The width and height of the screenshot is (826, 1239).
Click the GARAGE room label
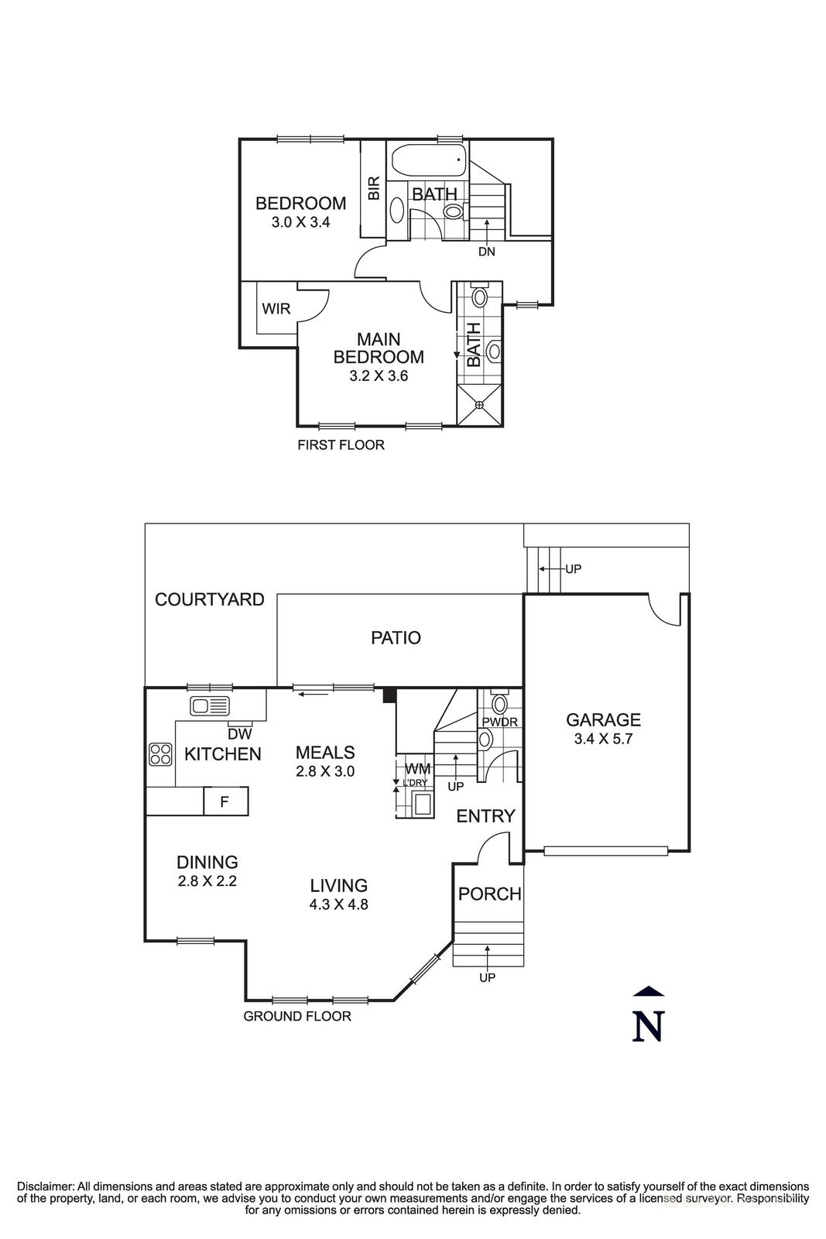(x=603, y=720)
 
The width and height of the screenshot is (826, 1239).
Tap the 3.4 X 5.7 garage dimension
(x=603, y=739)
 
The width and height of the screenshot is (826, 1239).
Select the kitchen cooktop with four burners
(x=160, y=754)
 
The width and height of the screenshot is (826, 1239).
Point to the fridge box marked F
(x=224, y=801)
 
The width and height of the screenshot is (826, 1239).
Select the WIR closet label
(x=276, y=309)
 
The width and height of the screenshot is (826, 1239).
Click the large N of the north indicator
(x=648, y=1027)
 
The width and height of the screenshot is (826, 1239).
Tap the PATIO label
(x=396, y=638)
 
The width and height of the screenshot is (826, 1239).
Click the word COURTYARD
(x=210, y=599)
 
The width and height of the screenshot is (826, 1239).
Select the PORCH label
(x=489, y=894)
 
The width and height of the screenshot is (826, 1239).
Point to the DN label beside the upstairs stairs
(x=486, y=252)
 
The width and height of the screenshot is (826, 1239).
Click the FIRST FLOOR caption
(x=341, y=445)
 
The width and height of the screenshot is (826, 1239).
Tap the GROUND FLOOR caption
(x=297, y=1017)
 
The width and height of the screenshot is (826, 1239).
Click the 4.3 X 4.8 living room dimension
(x=339, y=904)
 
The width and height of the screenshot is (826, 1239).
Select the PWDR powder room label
(x=499, y=722)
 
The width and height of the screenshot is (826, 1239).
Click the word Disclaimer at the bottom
(x=45, y=1186)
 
